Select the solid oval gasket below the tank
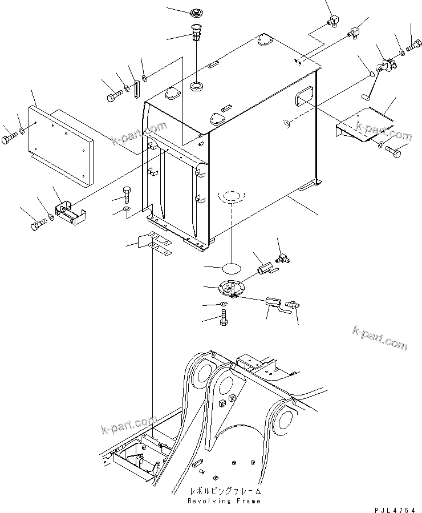pyautogui.click(x=229, y=267)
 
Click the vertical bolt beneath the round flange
pyautogui.click(x=224, y=317)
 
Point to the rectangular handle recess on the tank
pyautogui.click(x=304, y=96)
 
